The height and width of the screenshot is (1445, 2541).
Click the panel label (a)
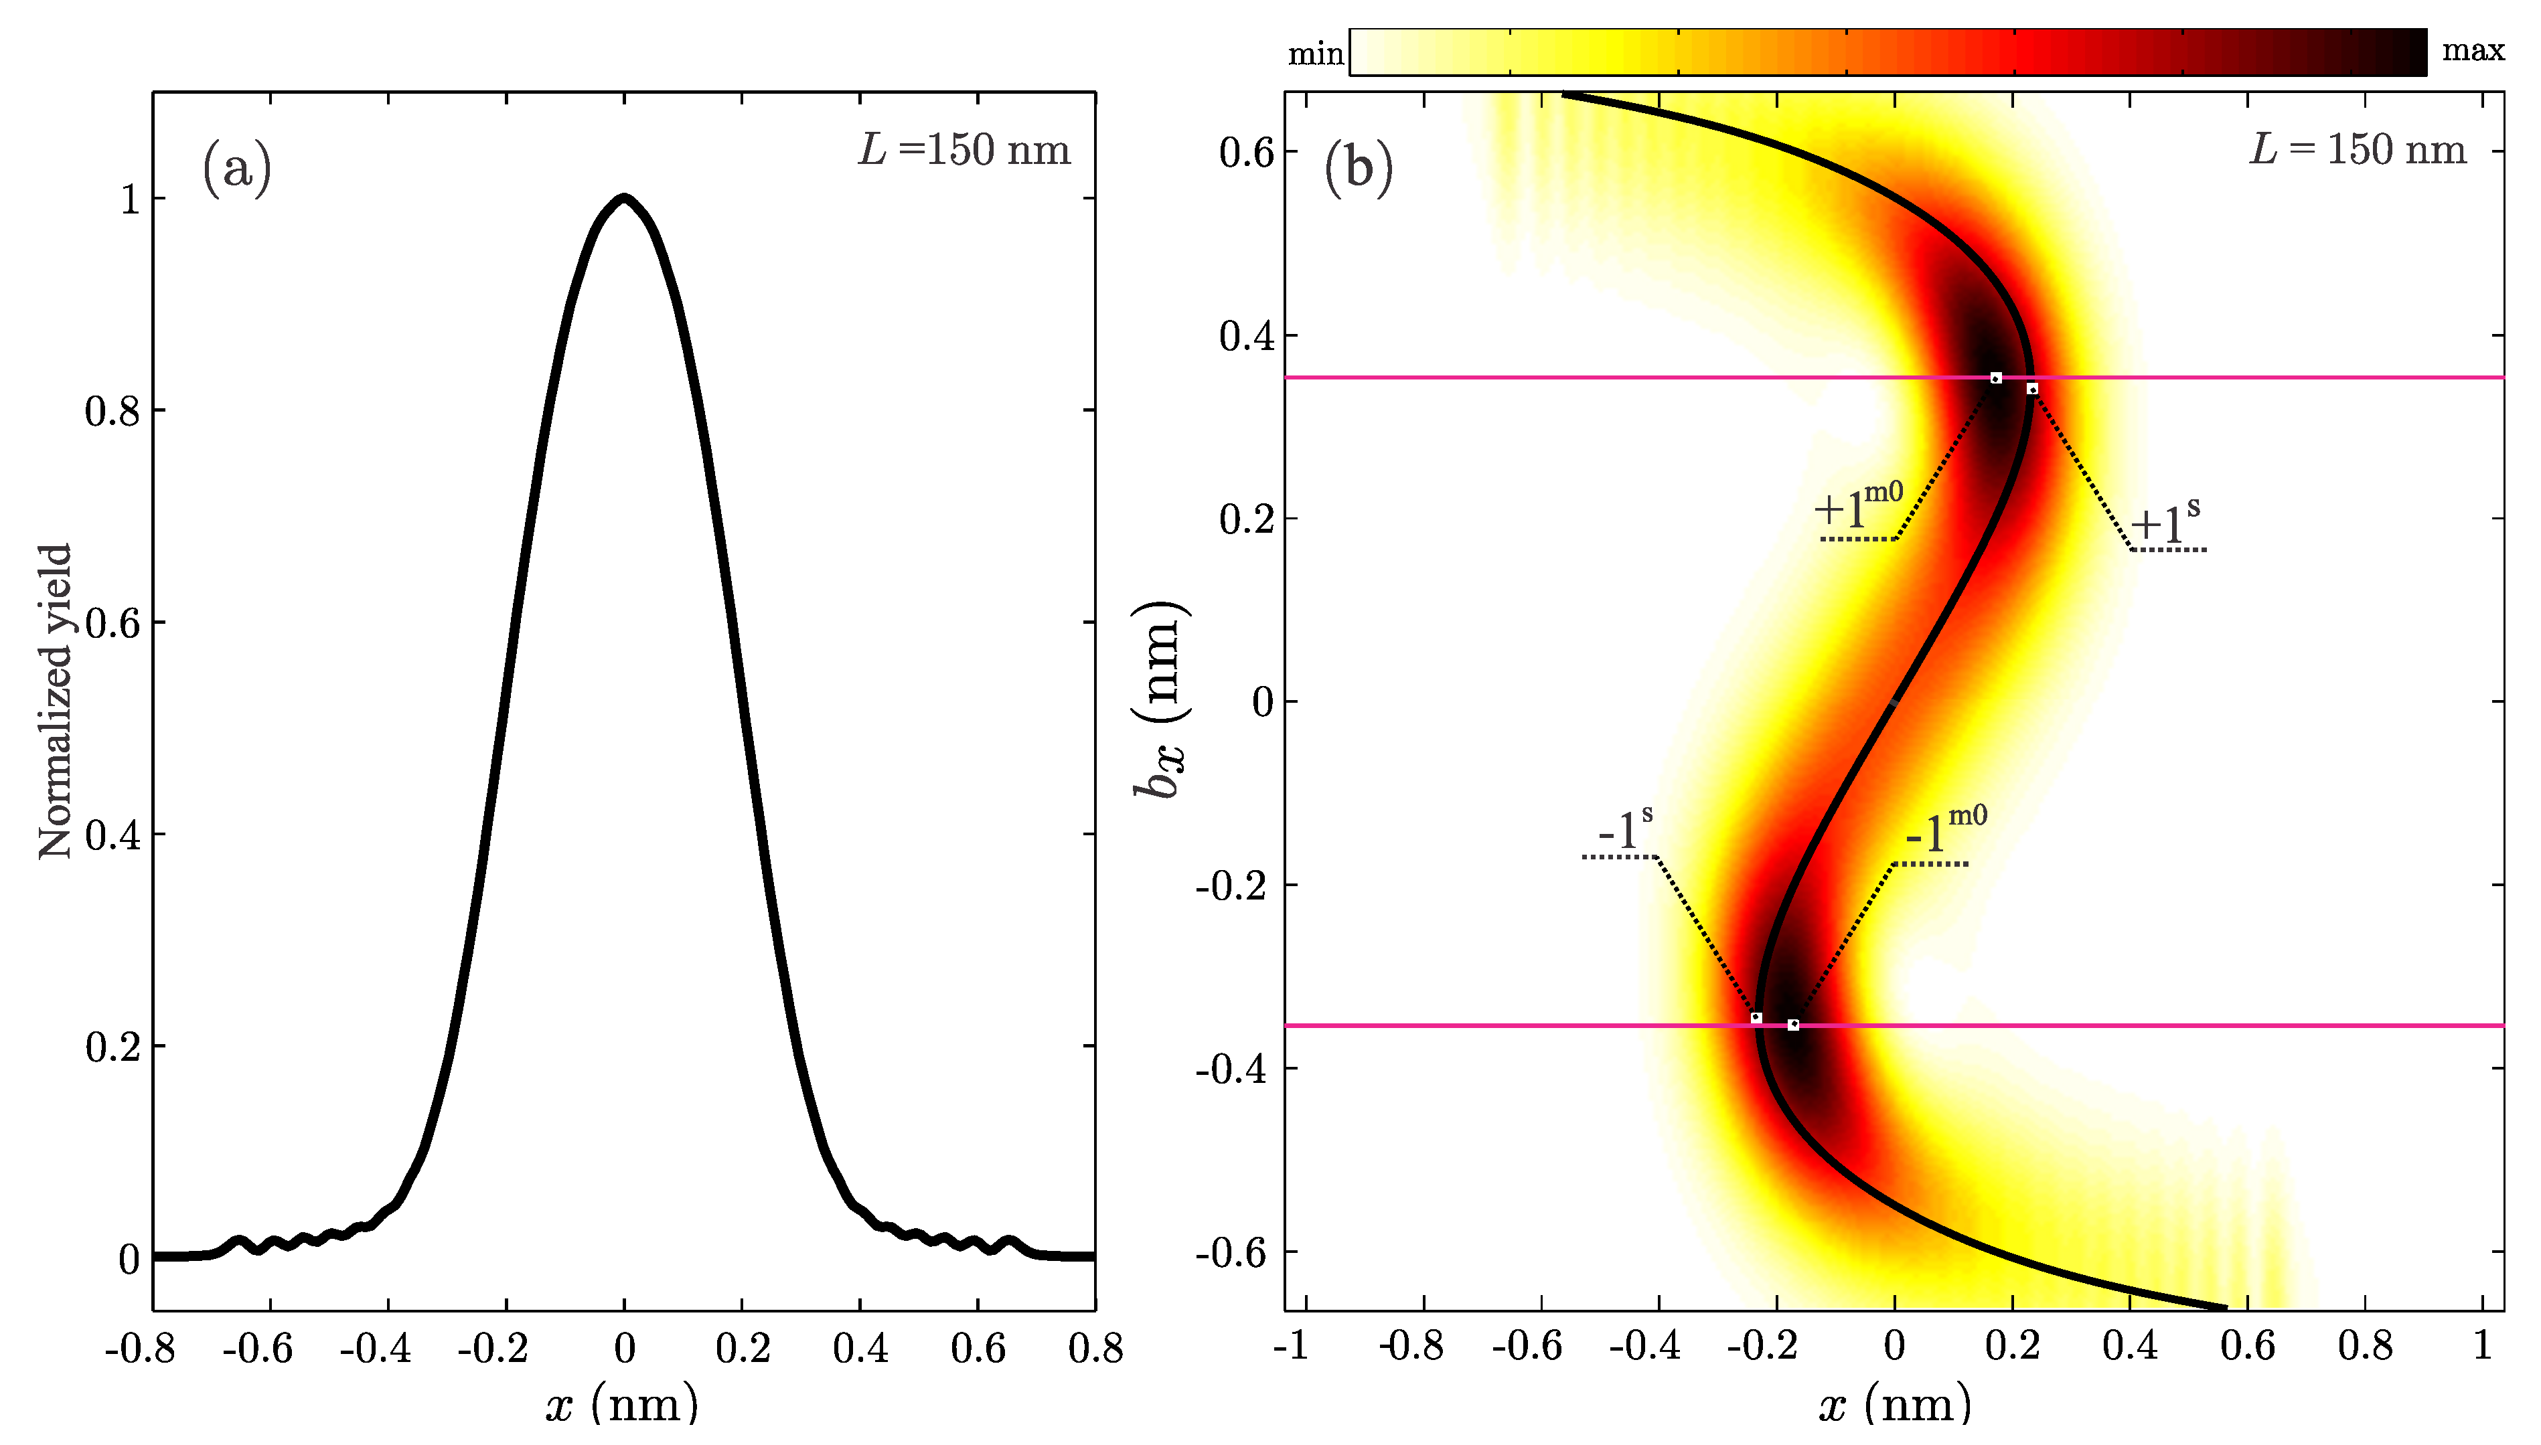click(x=236, y=168)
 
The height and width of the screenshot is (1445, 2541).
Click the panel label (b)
click(x=1358, y=168)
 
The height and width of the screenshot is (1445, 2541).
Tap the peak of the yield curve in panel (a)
click(x=623, y=197)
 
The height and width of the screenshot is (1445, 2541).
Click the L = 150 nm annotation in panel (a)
click(x=964, y=150)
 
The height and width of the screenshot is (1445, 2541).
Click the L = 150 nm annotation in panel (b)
click(x=2358, y=150)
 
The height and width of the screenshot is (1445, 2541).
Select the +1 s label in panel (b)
click(x=2165, y=522)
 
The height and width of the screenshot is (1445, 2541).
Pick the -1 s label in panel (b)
click(x=1625, y=829)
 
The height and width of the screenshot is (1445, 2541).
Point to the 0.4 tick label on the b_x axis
click(x=1247, y=335)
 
